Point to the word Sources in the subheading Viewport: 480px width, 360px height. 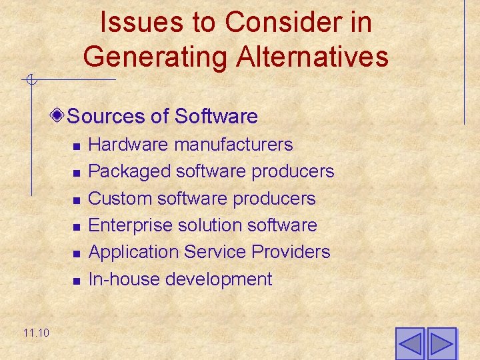click(107, 117)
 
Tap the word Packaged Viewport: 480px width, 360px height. click(129, 172)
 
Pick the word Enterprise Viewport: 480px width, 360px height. click(131, 225)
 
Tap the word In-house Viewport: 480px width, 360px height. click(124, 279)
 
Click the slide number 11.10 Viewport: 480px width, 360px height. click(35, 332)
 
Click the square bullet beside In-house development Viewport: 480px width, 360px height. click(77, 281)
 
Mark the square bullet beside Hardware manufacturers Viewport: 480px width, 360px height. click(77, 146)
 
